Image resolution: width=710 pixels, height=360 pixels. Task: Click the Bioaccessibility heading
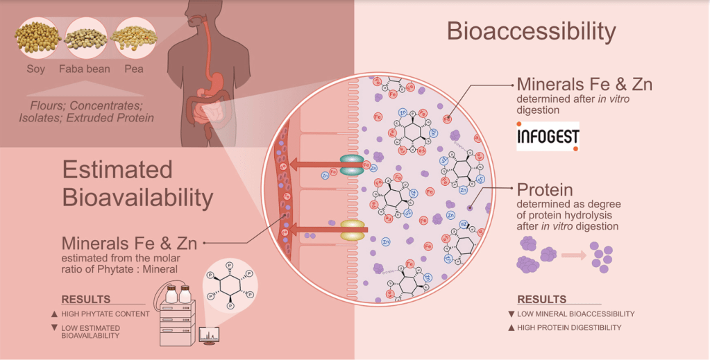(x=531, y=32)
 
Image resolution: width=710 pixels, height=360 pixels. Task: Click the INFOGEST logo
(x=548, y=137)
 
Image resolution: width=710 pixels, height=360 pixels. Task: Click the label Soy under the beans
(x=35, y=69)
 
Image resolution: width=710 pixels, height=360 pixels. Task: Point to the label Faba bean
(x=85, y=69)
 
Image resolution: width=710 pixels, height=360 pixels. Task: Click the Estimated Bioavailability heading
(x=137, y=183)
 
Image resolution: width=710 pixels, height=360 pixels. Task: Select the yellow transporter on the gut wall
(x=353, y=230)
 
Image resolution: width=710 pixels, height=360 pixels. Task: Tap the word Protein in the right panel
(x=545, y=189)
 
